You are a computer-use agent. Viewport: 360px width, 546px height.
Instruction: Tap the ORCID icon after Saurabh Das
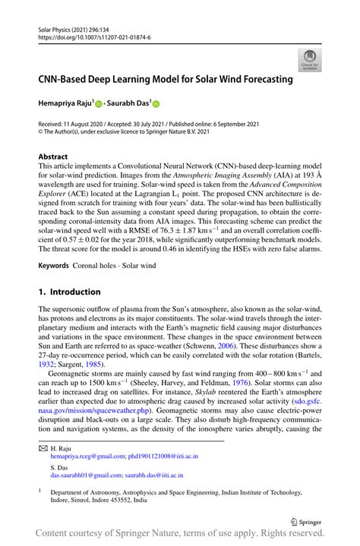click(157, 103)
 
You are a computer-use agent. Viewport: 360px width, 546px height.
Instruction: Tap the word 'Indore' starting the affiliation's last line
click(62, 501)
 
